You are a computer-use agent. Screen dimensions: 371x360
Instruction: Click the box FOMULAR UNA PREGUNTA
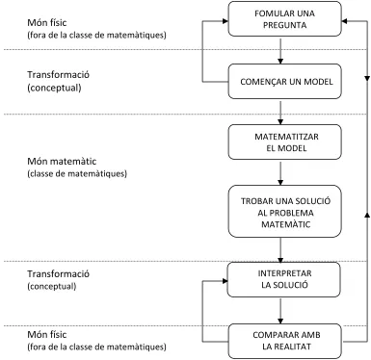click(284, 18)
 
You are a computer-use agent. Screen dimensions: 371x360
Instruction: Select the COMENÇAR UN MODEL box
click(284, 81)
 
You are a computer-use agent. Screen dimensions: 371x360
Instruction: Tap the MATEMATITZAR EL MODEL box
click(284, 141)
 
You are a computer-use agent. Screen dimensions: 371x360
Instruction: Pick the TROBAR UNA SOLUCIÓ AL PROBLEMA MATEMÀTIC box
click(284, 211)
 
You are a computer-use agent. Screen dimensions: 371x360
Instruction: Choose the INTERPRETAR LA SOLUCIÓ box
click(283, 279)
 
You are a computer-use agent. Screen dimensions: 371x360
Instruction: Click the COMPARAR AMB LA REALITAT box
click(284, 341)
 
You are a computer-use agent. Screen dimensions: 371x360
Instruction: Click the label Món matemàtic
click(62, 161)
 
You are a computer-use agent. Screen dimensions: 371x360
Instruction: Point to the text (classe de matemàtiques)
click(77, 173)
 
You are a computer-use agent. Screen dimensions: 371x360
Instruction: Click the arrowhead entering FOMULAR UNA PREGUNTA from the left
click(225, 21)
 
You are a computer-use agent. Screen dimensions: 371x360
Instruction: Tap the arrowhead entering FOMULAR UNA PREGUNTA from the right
click(344, 21)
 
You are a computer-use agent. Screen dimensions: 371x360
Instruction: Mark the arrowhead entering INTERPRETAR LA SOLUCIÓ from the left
click(225, 281)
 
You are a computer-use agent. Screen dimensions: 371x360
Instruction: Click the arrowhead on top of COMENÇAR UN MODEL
click(280, 61)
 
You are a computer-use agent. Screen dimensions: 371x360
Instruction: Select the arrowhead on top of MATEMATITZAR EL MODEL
click(280, 121)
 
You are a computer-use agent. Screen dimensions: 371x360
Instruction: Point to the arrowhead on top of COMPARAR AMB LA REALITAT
click(280, 321)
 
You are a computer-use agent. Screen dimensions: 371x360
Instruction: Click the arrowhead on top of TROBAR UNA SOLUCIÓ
click(280, 182)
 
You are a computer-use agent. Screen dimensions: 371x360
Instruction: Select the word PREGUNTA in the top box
click(285, 25)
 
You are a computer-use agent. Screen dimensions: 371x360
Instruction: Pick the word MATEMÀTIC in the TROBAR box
click(285, 224)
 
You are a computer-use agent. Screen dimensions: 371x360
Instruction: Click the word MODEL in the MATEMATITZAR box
click(292, 148)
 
